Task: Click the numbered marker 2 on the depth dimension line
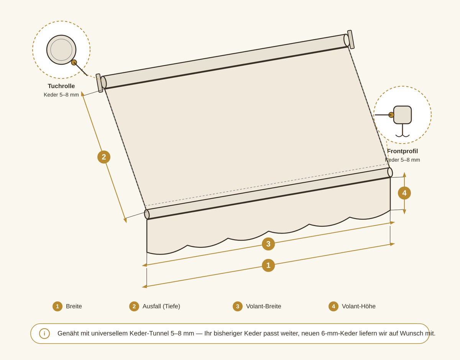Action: point(104,157)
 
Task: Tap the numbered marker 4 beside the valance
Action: point(404,193)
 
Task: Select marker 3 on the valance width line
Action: point(268,244)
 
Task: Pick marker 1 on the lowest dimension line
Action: point(268,265)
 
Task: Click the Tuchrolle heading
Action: point(61,86)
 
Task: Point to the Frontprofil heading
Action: point(402,151)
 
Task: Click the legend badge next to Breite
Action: point(58,306)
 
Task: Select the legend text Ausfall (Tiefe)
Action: point(161,306)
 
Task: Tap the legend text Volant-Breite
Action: point(264,306)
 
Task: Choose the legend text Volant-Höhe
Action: point(358,306)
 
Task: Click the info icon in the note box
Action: point(44,334)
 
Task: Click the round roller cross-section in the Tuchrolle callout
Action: point(61,50)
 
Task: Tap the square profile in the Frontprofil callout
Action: point(402,115)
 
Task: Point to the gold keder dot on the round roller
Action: point(74,62)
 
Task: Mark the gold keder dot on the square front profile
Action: point(391,115)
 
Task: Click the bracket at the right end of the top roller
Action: point(351,39)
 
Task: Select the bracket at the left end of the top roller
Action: point(99,83)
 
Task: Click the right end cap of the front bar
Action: point(390,172)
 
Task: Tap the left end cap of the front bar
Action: point(147,214)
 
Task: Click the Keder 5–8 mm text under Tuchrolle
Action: point(61,95)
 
